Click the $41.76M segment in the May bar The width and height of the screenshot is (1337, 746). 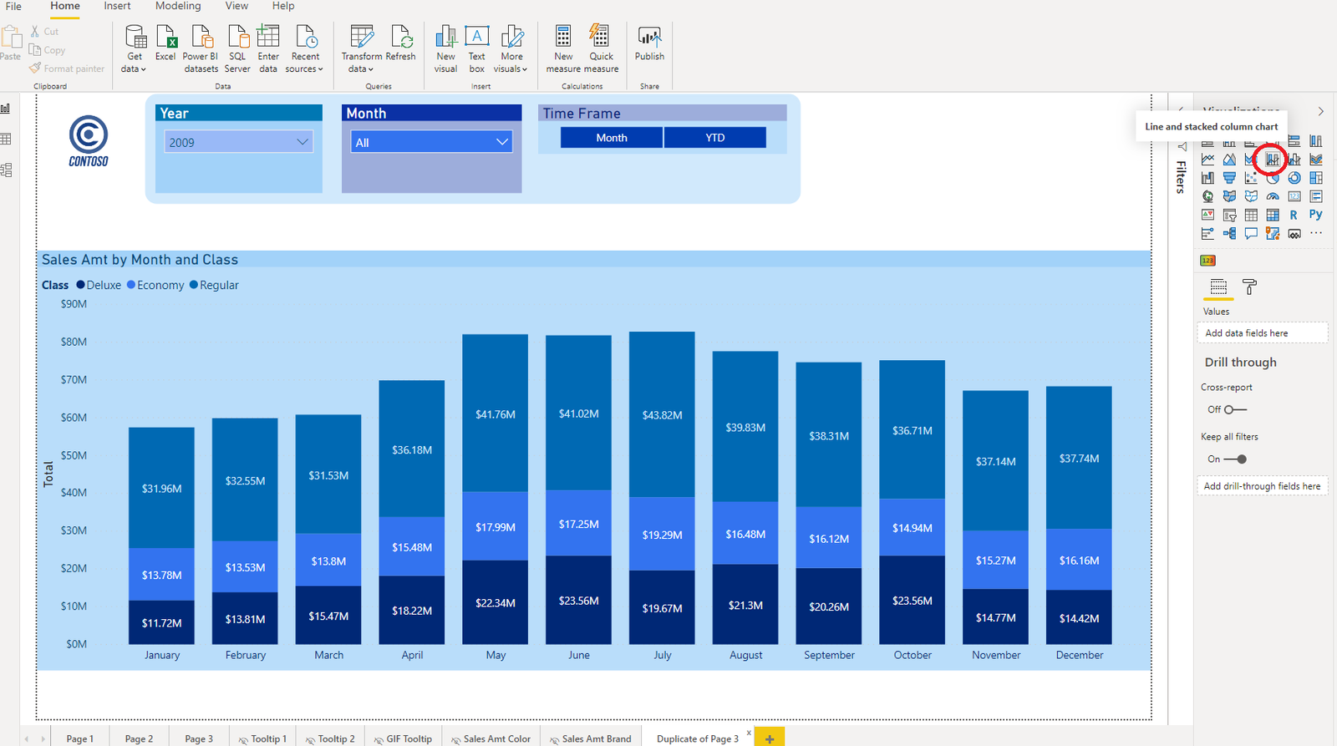pos(495,414)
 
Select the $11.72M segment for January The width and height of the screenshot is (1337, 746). pos(161,622)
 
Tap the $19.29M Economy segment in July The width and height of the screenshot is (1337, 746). pos(662,535)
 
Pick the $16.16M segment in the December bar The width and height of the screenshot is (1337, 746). pos(1079,560)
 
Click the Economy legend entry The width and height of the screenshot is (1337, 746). pos(155,285)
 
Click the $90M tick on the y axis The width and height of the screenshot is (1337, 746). pos(74,304)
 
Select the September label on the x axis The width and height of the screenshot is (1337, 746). pos(829,655)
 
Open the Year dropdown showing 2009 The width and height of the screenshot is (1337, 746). pos(239,142)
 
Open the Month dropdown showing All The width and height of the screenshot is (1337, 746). pos(431,142)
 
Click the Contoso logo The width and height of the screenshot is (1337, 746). pos(89,140)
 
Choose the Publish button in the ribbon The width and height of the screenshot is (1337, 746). pos(649,43)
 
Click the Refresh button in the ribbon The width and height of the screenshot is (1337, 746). pos(401,43)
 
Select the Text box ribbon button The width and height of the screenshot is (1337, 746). pos(476,48)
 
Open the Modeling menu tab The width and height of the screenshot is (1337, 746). pos(178,6)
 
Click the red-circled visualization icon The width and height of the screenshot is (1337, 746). pos(1271,159)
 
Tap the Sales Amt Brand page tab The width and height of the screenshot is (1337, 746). pos(596,738)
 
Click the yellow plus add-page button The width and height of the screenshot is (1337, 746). pos(769,738)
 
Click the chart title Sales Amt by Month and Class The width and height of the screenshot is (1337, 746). pos(140,260)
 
